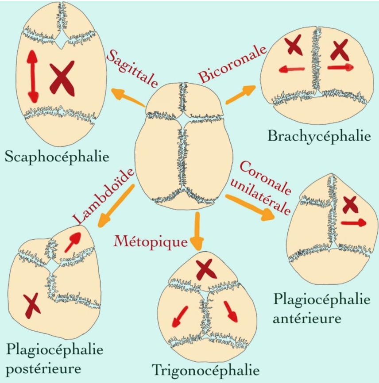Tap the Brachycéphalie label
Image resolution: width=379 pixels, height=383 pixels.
coord(319,136)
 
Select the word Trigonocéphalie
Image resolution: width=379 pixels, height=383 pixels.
coord(205,371)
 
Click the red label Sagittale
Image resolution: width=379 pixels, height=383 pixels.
coord(132,69)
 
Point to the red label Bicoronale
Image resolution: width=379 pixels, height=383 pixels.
coord(232,64)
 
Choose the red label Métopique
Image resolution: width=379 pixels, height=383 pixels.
coord(151,242)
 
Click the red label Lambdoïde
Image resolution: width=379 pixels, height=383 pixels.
coord(104,195)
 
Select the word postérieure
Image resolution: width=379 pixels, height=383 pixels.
coord(43,369)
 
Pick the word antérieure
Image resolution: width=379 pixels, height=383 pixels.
coord(307,318)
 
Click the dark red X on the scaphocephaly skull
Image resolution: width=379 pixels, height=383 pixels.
coord(62,78)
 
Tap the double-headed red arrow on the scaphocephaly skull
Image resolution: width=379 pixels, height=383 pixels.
coord(33,76)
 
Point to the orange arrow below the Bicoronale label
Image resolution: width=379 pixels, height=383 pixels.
coord(240,94)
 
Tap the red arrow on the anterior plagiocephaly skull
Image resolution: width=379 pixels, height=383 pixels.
coord(354,223)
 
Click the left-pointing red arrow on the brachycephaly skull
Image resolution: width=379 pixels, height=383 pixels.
coord(292,69)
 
